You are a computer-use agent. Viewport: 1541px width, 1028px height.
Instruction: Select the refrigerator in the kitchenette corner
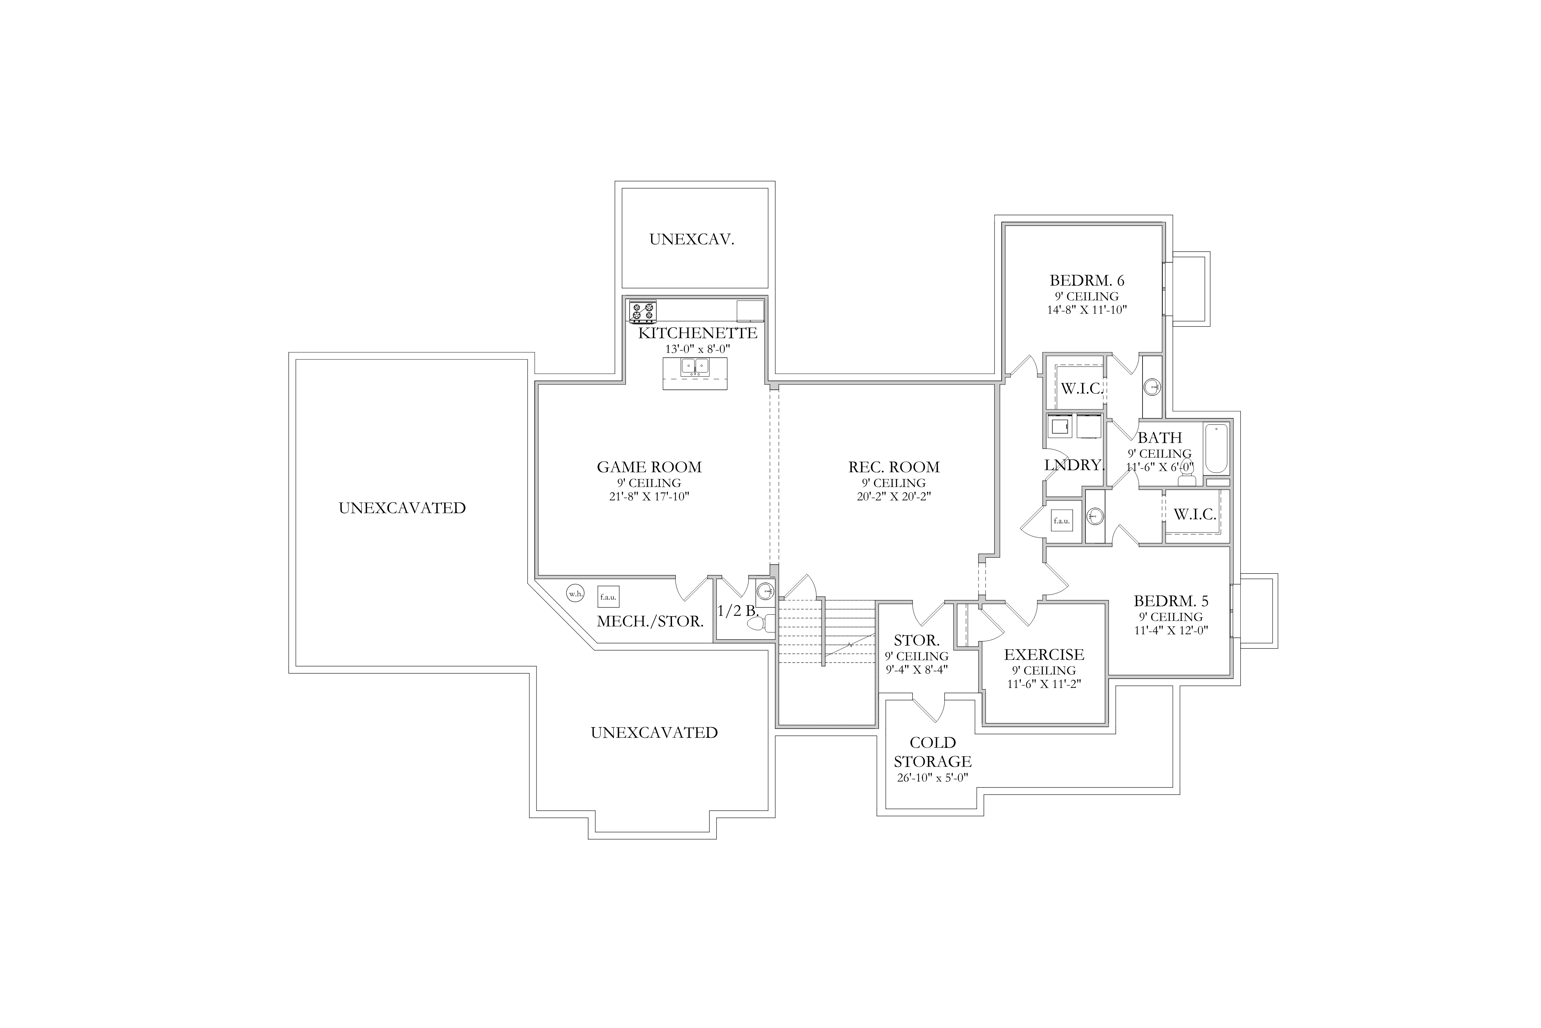click(750, 311)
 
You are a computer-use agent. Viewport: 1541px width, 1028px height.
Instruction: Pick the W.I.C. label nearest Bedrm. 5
click(1195, 515)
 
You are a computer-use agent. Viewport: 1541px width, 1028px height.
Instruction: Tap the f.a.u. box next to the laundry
click(1062, 521)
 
